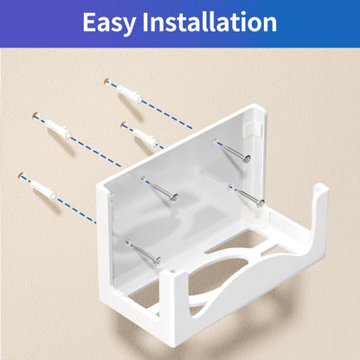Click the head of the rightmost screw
tap(259, 204)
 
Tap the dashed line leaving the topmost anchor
tap(164, 108)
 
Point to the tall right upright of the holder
tap(318, 234)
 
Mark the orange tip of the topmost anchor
tap(106, 81)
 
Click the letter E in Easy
tap(89, 22)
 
